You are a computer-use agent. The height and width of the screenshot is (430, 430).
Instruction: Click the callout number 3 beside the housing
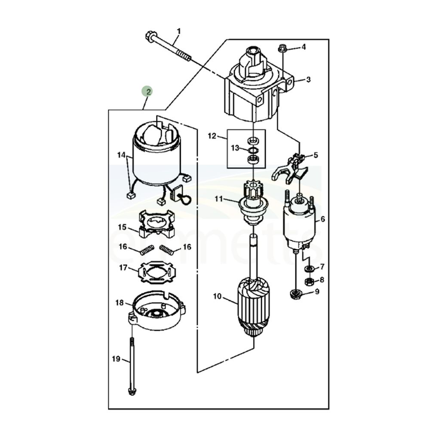[x=308, y=80]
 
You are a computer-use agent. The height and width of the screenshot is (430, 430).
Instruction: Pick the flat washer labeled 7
[x=309, y=267]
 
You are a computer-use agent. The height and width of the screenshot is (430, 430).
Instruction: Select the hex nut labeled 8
[x=309, y=281]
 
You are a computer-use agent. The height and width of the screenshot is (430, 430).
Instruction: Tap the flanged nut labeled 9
[x=296, y=294]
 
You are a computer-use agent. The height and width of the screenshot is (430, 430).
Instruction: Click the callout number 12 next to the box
[x=212, y=135]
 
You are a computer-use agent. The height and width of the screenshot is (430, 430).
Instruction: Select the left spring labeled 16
[x=146, y=251]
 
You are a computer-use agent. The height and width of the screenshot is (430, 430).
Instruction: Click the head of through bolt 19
[x=132, y=391]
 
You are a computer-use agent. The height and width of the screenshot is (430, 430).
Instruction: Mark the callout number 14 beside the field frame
[x=121, y=155]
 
